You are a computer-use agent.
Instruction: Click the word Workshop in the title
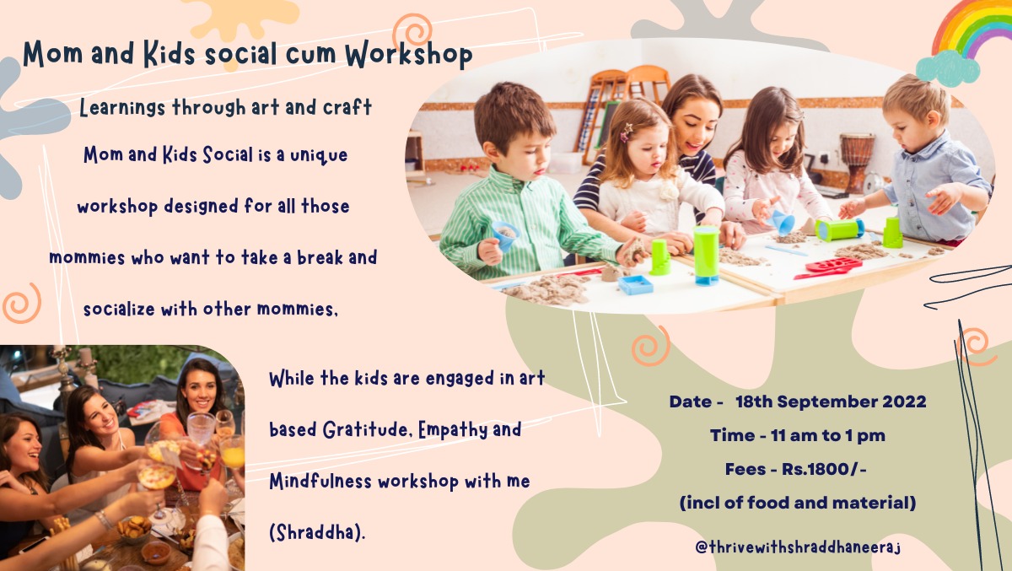pos(409,55)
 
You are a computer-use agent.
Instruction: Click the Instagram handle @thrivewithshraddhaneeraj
pos(798,547)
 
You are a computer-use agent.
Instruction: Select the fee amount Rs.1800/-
pos(824,469)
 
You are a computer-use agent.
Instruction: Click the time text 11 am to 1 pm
pos(828,435)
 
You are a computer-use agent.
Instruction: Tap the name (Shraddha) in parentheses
pos(317,533)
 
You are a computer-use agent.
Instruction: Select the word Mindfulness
pos(320,481)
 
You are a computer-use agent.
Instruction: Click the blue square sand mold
pos(635,284)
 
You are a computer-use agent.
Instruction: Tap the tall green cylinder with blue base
pos(706,256)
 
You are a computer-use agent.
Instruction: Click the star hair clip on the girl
pos(626,132)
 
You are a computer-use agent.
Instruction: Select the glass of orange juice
pos(233,453)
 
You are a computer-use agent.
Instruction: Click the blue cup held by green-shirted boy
pos(505,235)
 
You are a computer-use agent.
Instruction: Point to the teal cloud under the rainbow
pos(948,68)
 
